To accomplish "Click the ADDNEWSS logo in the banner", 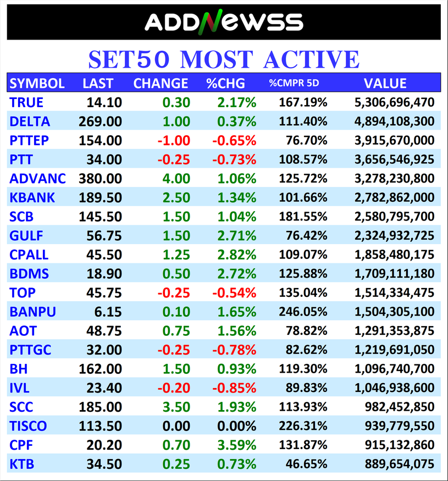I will pyautogui.click(x=224, y=22).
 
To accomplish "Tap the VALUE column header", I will pyautogui.click(x=385, y=84).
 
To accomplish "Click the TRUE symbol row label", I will pyautogui.click(x=26, y=102).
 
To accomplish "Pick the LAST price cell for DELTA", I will pyautogui.click(x=104, y=121).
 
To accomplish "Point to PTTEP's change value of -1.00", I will pyautogui.click(x=174, y=140).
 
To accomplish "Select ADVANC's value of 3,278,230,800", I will pyautogui.click(x=394, y=179).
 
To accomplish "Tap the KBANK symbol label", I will pyautogui.click(x=32, y=197).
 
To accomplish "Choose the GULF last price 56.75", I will pyautogui.click(x=104, y=236).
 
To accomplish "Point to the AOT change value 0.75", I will pyautogui.click(x=176, y=331).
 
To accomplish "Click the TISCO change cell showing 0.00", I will pyautogui.click(x=176, y=426).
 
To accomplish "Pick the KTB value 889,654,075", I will pyautogui.click(x=400, y=464).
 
